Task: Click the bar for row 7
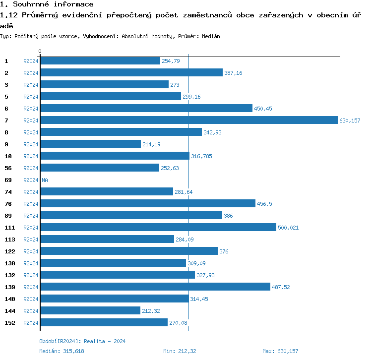(188, 120)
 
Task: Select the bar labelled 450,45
(146, 109)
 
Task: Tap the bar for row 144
(90, 311)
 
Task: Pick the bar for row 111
(158, 228)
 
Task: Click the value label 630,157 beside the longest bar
(350, 120)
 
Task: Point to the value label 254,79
(171, 61)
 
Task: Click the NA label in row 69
(45, 180)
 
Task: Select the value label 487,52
(281, 287)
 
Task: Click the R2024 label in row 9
(31, 144)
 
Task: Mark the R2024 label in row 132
(31, 275)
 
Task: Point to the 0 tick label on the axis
(40, 51)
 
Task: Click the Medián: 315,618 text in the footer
(62, 351)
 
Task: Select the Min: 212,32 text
(180, 351)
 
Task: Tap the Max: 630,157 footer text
(280, 351)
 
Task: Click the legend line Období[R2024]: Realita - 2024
(82, 341)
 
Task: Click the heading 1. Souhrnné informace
(47, 4)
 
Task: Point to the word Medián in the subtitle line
(210, 37)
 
